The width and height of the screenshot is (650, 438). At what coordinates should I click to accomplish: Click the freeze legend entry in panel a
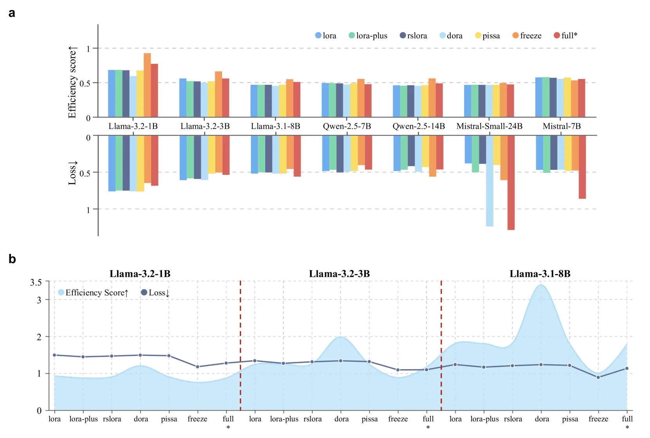coord(527,36)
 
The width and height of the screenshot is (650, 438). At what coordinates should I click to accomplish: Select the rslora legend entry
coord(413,36)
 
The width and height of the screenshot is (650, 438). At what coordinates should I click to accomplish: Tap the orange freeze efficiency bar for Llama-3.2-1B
coord(147,85)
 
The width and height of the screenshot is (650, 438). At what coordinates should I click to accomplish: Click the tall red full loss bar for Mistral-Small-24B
coord(511,183)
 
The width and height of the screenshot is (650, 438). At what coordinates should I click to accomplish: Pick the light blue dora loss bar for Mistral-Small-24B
coord(490,181)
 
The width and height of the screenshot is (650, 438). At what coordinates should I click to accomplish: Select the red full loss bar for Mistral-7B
coord(582,167)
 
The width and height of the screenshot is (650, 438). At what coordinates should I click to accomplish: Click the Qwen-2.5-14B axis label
coord(418,126)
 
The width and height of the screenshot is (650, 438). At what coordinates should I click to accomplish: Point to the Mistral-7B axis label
coord(562,126)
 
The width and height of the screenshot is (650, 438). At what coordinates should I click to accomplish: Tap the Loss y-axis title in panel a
coord(72,173)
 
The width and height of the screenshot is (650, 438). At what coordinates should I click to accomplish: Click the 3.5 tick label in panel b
coord(36,282)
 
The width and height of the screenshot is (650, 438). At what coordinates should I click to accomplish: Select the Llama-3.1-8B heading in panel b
coord(540,273)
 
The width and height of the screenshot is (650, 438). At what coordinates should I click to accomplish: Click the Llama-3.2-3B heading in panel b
coord(339,273)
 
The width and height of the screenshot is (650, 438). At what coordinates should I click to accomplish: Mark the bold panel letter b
coord(12,259)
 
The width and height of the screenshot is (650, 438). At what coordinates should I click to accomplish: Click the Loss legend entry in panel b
coord(155,293)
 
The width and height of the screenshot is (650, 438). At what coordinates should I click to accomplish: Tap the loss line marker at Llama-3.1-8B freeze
coord(598,377)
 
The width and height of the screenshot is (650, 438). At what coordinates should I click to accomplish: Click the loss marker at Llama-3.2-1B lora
coord(54,355)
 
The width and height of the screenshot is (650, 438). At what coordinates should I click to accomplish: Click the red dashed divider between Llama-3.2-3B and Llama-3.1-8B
coord(441,345)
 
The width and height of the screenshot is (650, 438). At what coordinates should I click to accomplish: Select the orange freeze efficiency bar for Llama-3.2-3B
coord(218,94)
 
